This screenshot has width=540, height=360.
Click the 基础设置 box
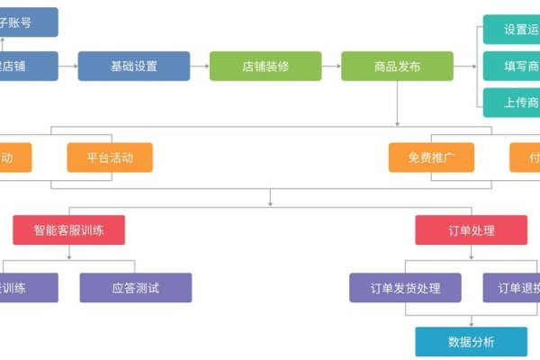point(133,66)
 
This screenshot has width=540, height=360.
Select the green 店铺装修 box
point(265,66)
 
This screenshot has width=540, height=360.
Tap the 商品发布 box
point(397,66)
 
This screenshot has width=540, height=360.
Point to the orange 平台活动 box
point(110,157)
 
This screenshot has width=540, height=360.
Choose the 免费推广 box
point(431,157)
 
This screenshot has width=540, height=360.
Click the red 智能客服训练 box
point(69,229)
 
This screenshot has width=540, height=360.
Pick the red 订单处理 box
point(471,229)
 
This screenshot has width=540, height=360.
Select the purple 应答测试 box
point(136,288)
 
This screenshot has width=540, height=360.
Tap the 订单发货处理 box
point(405,288)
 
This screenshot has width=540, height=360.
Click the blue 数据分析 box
point(472,342)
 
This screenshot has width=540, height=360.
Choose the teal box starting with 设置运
point(511,29)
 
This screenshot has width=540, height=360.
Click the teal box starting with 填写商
point(511,66)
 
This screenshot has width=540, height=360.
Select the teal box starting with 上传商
point(511,102)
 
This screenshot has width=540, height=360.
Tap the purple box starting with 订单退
point(511,288)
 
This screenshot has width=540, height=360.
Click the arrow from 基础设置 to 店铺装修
point(200,66)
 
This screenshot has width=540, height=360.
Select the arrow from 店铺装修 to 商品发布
point(331,66)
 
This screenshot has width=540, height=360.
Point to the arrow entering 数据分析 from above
point(472,320)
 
